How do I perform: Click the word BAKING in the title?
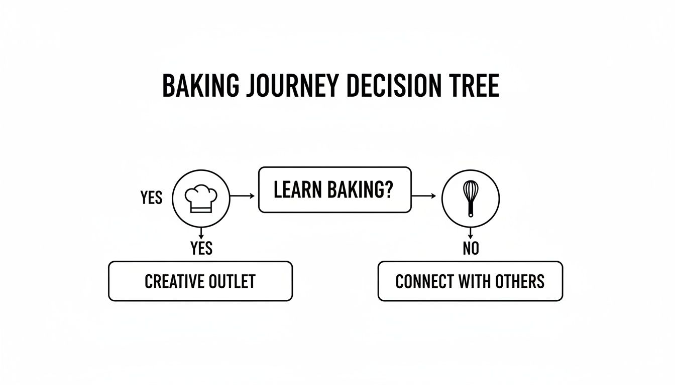click(200, 86)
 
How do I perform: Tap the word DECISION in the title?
click(393, 86)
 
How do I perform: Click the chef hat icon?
click(201, 199)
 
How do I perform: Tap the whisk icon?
click(471, 199)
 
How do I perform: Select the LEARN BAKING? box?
click(334, 190)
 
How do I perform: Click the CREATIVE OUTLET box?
click(200, 281)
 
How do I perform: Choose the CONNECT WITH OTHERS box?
click(470, 281)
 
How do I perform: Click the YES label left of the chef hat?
click(151, 198)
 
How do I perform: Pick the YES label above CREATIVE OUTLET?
click(201, 248)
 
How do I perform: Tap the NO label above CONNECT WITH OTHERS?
click(471, 248)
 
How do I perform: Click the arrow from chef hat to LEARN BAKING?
click(244, 196)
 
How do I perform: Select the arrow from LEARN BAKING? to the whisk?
click(426, 196)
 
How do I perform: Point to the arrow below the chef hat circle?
click(201, 233)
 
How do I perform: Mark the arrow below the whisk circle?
click(471, 233)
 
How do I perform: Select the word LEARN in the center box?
click(292, 190)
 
